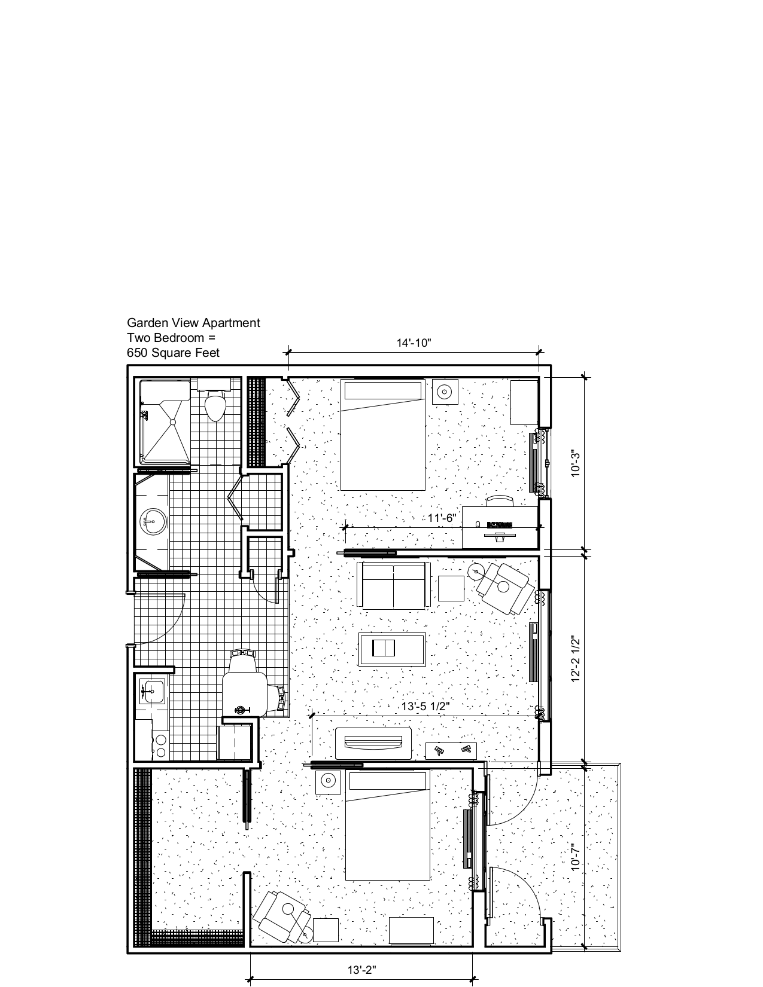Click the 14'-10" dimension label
(x=414, y=343)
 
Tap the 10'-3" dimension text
(x=575, y=463)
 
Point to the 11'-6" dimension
(x=442, y=518)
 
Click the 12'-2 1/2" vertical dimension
(x=575, y=658)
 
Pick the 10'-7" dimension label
(x=575, y=857)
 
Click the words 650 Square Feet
(x=173, y=353)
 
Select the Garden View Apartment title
(x=193, y=323)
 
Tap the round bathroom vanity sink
(x=153, y=521)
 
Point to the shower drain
(x=172, y=422)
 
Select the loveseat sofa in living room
(x=393, y=584)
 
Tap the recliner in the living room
(x=506, y=587)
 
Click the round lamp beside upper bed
(x=444, y=393)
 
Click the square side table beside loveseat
(x=451, y=588)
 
